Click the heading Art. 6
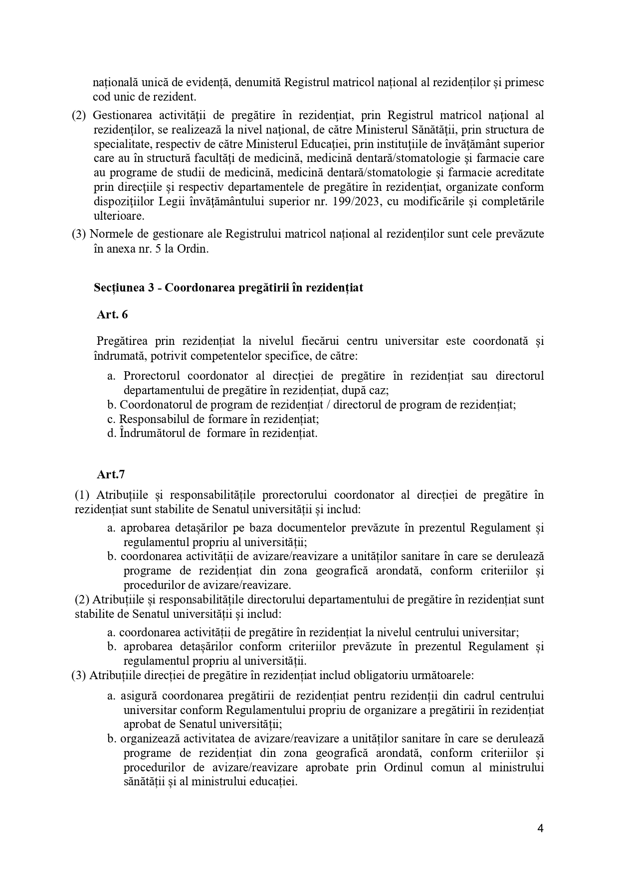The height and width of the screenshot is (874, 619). tap(112, 314)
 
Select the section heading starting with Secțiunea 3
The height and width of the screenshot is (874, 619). tap(228, 288)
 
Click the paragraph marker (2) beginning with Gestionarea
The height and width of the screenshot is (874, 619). tap(79, 116)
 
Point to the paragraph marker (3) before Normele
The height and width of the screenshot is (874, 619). tap(79, 234)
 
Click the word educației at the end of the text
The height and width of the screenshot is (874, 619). tap(276, 782)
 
